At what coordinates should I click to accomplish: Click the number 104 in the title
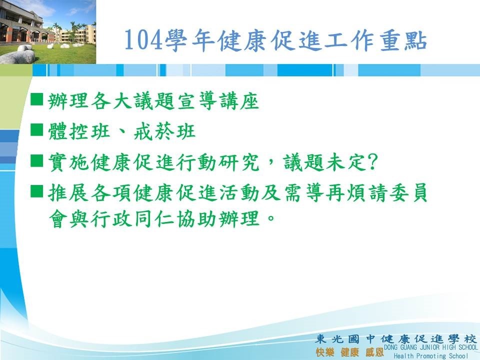[143, 40]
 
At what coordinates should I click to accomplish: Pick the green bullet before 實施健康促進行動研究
[36, 160]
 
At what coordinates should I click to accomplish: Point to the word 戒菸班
[164, 131]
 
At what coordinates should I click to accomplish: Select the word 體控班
[79, 131]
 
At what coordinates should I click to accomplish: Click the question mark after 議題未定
[372, 162]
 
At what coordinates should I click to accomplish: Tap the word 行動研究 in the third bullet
[217, 162]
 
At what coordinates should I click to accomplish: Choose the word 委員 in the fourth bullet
[407, 192]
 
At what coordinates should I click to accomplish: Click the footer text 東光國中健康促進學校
[396, 339]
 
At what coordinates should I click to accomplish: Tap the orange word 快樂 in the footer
[324, 352]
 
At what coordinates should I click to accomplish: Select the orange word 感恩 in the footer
[374, 352]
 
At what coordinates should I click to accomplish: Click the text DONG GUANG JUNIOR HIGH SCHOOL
[430, 347]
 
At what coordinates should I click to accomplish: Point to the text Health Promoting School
[430, 356]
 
